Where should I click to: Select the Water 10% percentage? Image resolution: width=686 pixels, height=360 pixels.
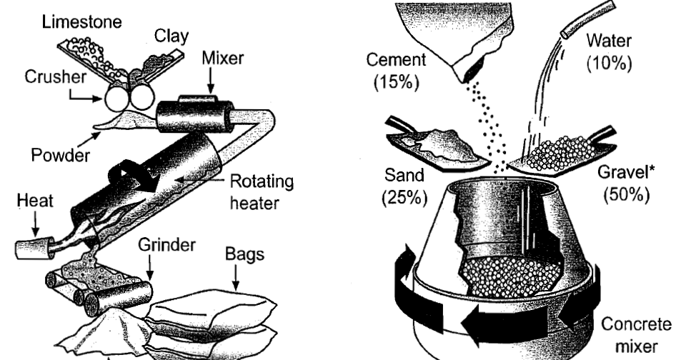click(609, 63)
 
